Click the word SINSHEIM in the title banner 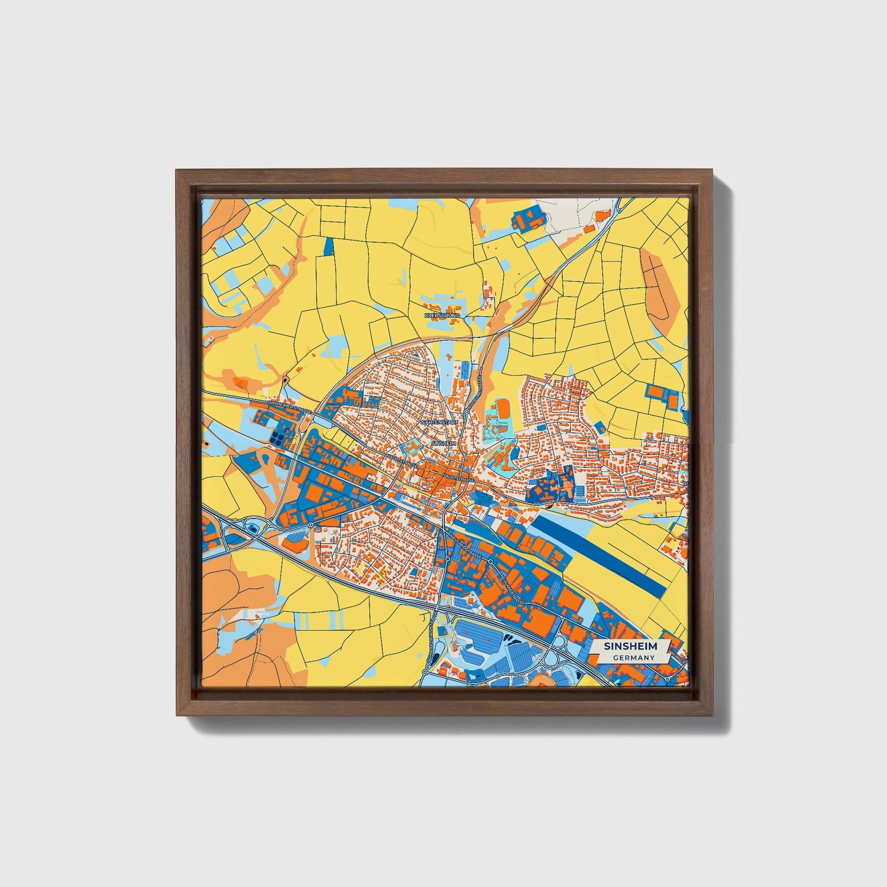coord(630,646)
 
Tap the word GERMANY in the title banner coord(633,657)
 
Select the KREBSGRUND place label coord(441,315)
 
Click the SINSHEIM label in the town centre coord(444,443)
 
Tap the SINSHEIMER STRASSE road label coord(290,406)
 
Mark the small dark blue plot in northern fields coord(328,246)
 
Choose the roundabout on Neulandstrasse coord(490,561)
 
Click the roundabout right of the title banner coord(667,680)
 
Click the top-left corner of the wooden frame coord(178,171)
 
